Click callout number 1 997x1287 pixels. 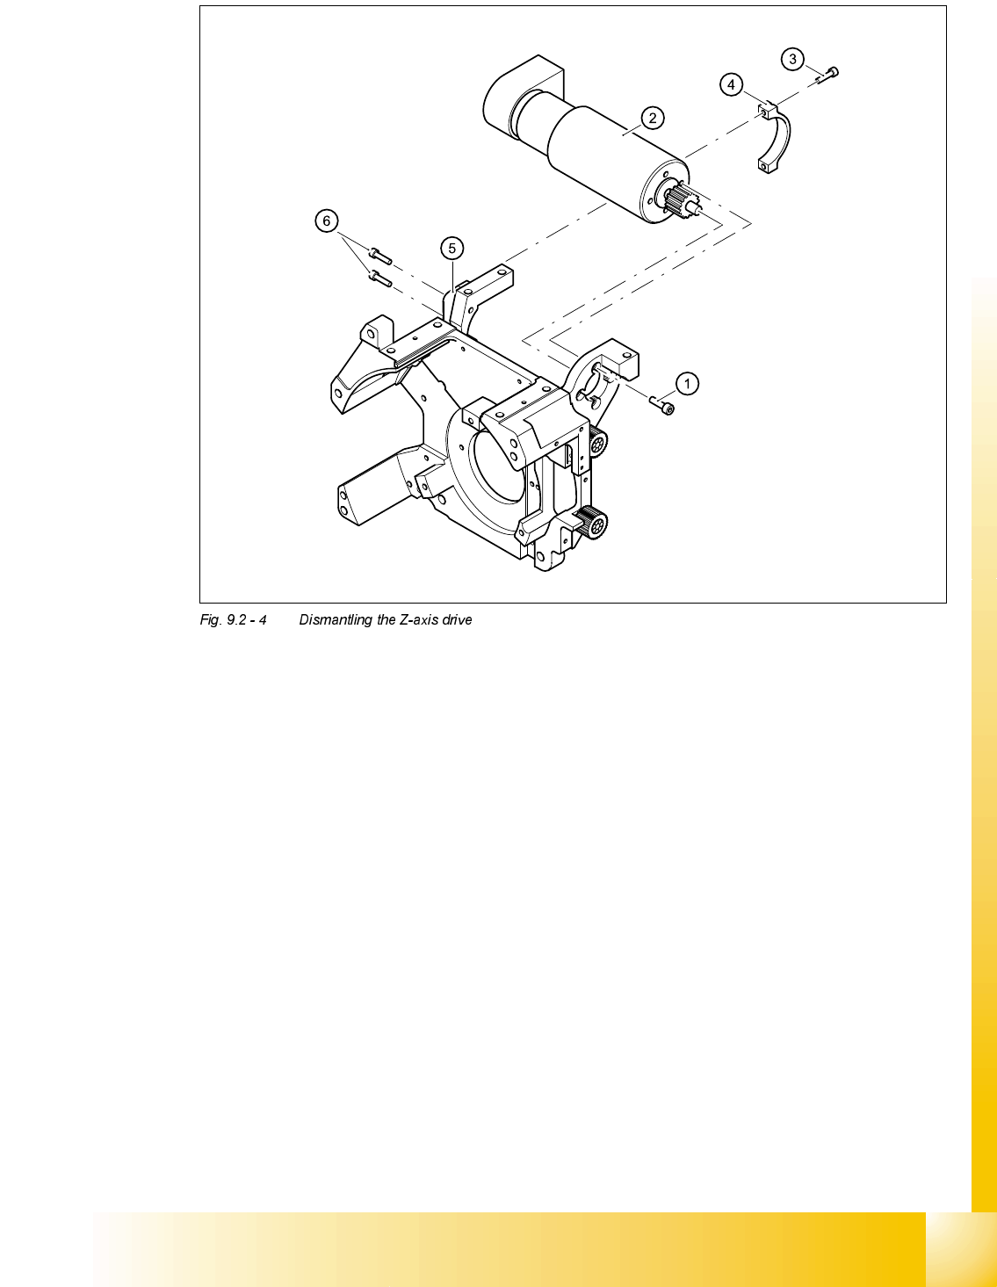[687, 383]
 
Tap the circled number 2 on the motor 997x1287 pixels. [652, 118]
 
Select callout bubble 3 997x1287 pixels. [792, 59]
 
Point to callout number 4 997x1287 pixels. [731, 84]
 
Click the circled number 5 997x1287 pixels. [452, 249]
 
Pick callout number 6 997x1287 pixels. [327, 221]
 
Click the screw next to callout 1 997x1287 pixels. [662, 404]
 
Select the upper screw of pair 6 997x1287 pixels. [379, 256]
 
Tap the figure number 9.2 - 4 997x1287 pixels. [233, 620]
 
